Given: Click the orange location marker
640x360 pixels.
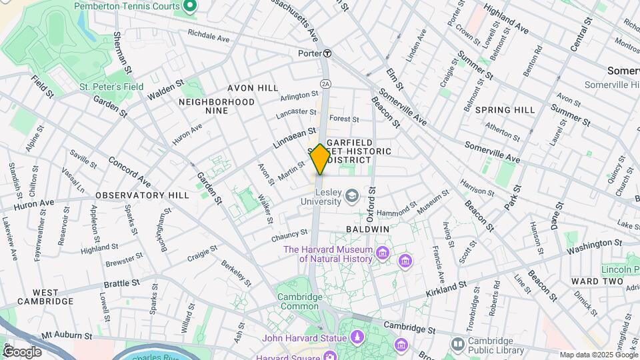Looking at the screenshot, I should coord(320,159).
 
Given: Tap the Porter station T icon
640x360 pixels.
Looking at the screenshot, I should coord(327,53).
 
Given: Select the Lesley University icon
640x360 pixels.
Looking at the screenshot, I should coord(352,196).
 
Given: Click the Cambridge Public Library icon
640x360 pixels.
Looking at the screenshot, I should coord(457,344).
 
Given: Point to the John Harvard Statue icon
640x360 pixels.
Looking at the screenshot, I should coord(356,338).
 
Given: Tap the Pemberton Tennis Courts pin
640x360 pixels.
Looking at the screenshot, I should coord(189,7).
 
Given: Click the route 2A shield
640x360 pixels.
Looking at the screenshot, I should coord(325,83).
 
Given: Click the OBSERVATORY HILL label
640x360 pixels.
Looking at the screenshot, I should coord(142,195).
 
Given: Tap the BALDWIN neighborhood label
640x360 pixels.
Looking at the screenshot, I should coord(367,229).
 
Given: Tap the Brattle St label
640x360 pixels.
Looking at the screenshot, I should coord(121,283).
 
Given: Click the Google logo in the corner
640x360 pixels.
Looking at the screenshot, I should coord(22,351).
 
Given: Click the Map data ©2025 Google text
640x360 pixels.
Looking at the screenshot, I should coord(598,355).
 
